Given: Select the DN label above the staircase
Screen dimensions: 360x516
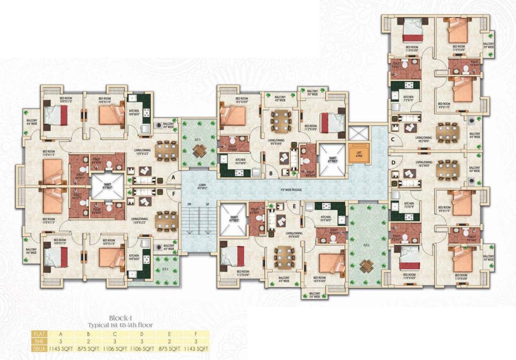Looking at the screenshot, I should pos(189,204).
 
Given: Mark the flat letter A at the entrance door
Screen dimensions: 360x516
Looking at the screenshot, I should pos(173,177).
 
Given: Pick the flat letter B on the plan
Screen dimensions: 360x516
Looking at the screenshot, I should pos(271,172).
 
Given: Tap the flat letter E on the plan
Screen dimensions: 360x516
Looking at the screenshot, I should pos(294,206).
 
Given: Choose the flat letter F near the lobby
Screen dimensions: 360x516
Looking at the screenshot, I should pos(173,192).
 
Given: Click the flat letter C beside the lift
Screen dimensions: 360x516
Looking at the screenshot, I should pos(393,140).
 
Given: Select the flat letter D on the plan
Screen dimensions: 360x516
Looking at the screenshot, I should pos(393,163).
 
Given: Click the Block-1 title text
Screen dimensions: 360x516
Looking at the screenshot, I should pos(121,317).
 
